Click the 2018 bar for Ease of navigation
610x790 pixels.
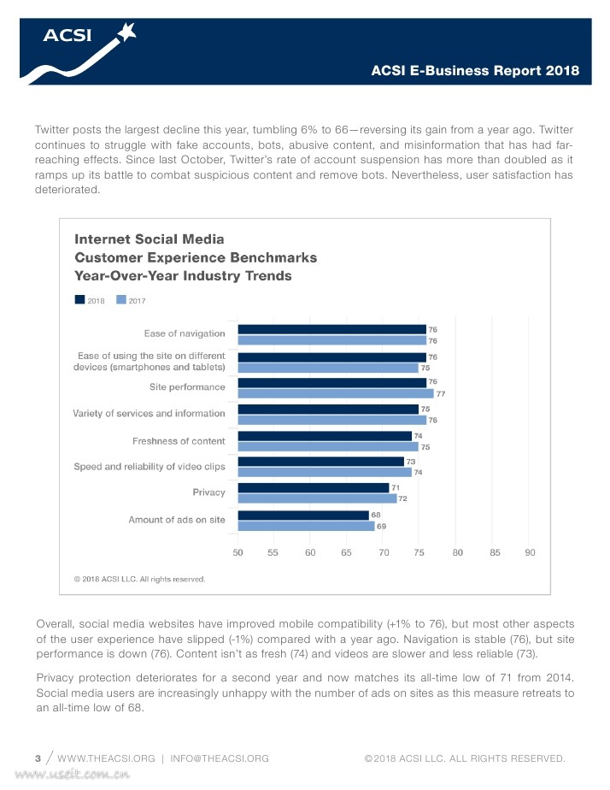[x=331, y=329]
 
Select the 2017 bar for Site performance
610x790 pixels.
[x=336, y=393]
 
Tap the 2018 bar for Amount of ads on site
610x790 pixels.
[x=303, y=515]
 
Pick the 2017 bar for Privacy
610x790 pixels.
[x=317, y=498]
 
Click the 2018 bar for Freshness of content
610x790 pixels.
[x=325, y=435]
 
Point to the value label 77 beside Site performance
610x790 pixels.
[x=441, y=394]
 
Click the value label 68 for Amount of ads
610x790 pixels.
[x=376, y=515]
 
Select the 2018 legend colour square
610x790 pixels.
[x=79, y=300]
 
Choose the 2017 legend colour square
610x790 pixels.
[x=120, y=300]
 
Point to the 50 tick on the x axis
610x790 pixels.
[x=238, y=552]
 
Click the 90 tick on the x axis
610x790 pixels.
[x=531, y=552]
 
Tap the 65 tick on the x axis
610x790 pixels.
[x=348, y=552]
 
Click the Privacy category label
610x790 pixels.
[x=208, y=492]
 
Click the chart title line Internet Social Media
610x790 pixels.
[x=150, y=239]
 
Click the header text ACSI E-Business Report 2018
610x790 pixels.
[x=476, y=71]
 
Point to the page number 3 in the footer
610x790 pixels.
[x=38, y=758]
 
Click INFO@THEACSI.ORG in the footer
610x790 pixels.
[x=220, y=758]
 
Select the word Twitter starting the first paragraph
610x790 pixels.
[x=53, y=129]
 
